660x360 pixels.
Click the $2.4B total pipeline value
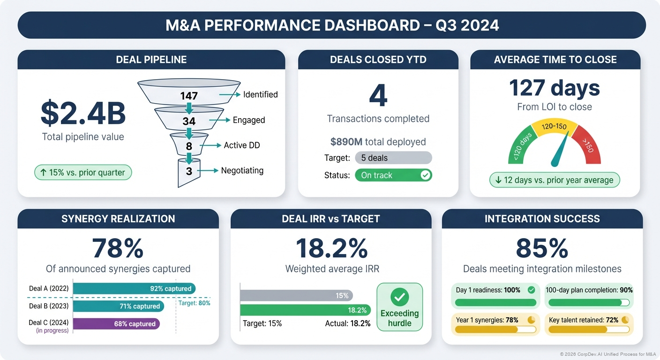[x=83, y=113]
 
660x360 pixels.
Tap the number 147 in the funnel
[x=189, y=96]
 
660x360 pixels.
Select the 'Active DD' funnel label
[x=241, y=145]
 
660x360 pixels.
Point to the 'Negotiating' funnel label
[x=242, y=171]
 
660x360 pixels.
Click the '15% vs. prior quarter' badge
[x=83, y=172]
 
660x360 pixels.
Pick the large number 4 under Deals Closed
[x=378, y=95]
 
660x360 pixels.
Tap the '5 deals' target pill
[x=393, y=157]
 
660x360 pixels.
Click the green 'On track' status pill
[x=393, y=175]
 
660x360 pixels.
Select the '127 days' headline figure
[x=554, y=88]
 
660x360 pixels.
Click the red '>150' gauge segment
[x=586, y=146]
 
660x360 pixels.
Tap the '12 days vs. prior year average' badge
[x=554, y=180]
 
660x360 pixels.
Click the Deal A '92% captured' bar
[x=134, y=288]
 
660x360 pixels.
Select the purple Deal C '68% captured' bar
[x=116, y=324]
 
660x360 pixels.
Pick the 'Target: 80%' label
[x=195, y=303]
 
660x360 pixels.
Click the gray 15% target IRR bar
[x=296, y=295]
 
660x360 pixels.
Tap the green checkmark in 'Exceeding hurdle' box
[x=399, y=297]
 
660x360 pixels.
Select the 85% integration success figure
[x=542, y=248]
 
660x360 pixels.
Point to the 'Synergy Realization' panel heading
[x=118, y=219]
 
